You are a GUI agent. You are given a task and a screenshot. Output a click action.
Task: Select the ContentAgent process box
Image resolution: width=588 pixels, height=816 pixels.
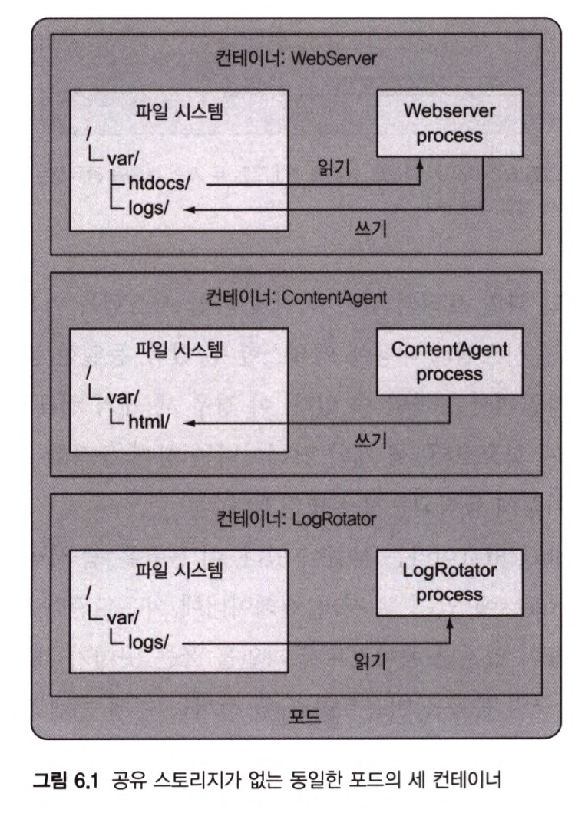[449, 362]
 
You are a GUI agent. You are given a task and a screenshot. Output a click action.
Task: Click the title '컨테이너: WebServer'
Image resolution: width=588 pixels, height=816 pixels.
[296, 59]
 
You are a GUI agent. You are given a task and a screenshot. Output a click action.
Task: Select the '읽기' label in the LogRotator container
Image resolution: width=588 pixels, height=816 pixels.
[372, 660]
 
